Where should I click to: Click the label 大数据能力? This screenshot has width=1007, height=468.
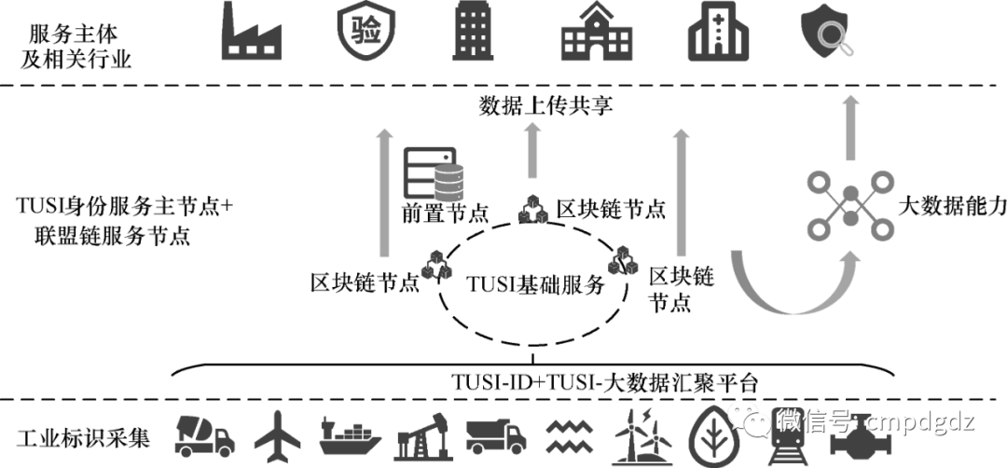951,207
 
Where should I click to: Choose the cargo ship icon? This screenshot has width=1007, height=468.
352,434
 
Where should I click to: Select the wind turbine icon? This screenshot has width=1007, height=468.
643,434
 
